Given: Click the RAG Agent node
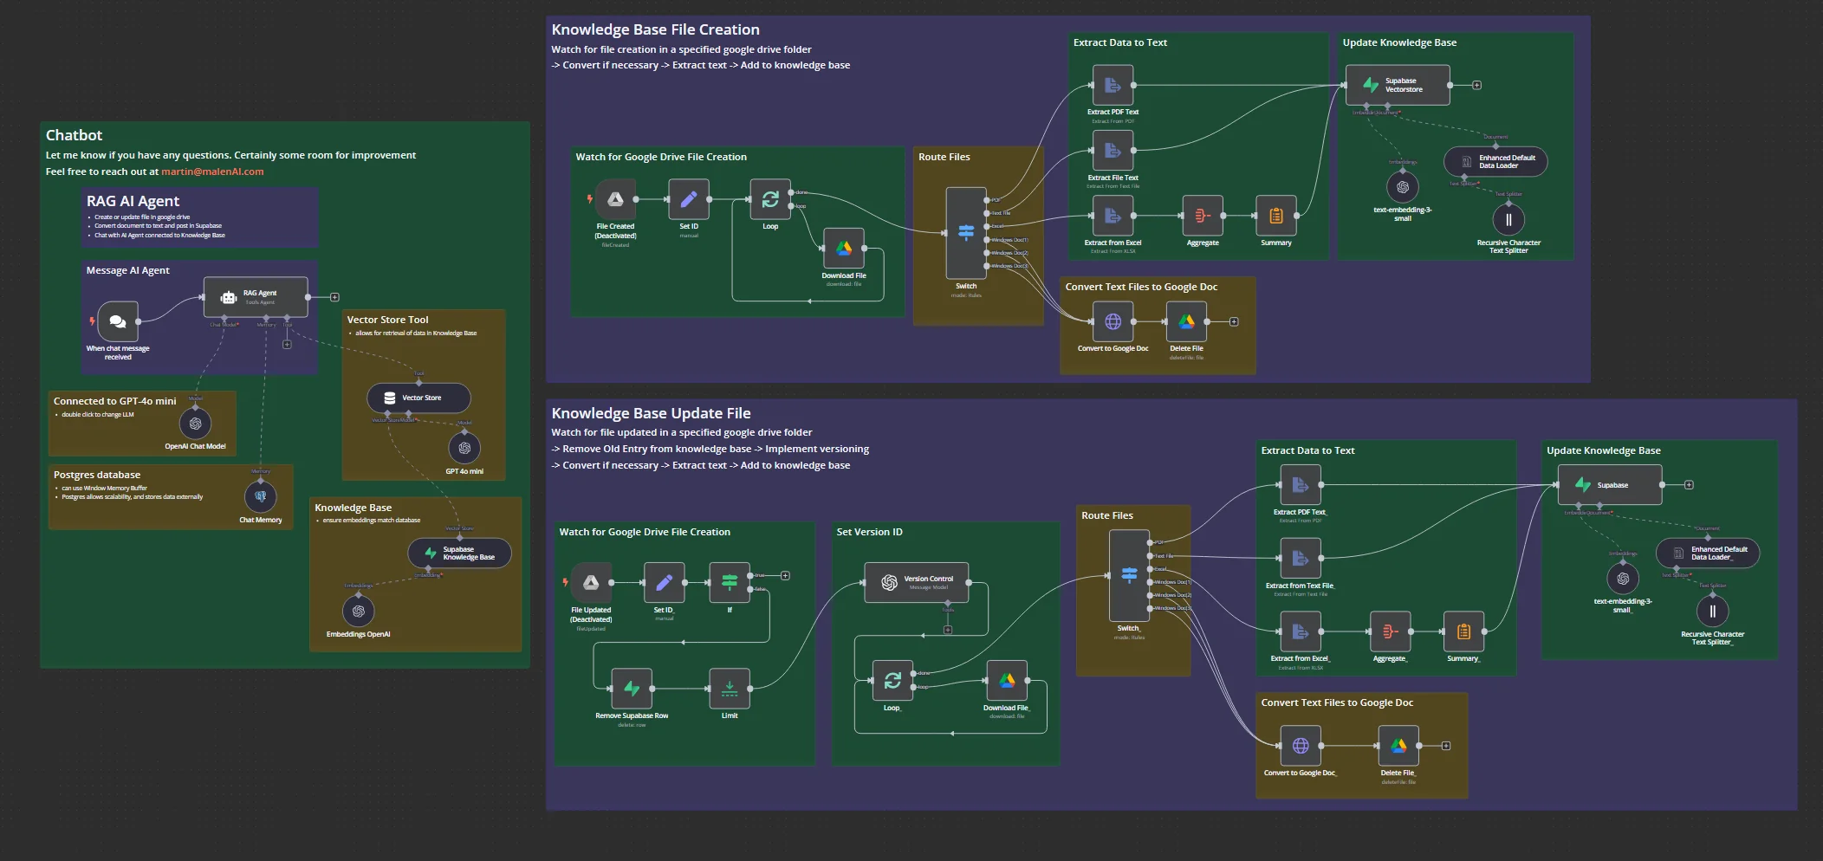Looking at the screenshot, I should tap(256, 297).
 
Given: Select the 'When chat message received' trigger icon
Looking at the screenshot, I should tap(118, 321).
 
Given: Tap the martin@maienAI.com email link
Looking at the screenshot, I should tap(212, 172).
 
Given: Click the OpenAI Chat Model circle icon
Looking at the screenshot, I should tap(195, 424).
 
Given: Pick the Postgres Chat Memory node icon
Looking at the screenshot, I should tap(261, 496).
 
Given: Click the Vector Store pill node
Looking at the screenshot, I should tap(418, 398).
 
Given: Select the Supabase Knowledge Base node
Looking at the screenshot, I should tap(459, 553).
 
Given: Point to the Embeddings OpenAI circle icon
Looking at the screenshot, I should tap(358, 612).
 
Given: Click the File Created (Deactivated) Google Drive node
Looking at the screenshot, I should tap(615, 199).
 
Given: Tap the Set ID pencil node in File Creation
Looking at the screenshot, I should tap(689, 199).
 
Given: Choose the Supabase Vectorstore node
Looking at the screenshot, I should tap(1397, 85).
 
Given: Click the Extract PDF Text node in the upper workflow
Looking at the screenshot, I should tap(1113, 85).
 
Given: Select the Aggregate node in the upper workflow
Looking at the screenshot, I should tap(1203, 216).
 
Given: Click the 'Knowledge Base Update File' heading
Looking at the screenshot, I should tap(651, 413).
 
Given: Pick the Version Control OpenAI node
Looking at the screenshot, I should tap(917, 582).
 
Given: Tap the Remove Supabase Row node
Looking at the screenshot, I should tap(632, 689).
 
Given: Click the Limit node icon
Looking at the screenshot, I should tap(730, 689).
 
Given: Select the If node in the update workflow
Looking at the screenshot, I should tap(730, 582).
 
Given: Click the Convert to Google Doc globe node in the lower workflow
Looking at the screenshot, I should tap(1301, 746).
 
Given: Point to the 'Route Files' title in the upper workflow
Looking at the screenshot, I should tap(944, 157).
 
